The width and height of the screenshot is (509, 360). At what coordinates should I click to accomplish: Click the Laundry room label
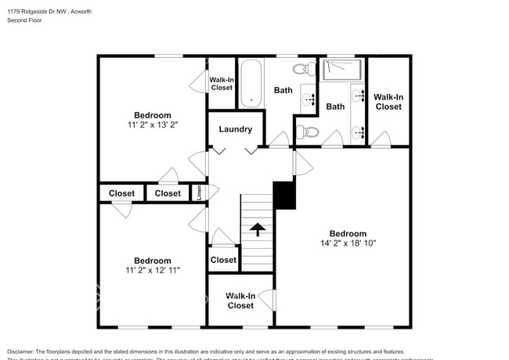(235, 129)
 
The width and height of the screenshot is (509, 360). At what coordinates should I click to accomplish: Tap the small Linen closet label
(200, 191)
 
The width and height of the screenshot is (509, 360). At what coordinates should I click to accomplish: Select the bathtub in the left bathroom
(250, 84)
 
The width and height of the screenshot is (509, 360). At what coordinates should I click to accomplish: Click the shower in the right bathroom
(345, 69)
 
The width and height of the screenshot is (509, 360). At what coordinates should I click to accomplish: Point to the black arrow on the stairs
(257, 230)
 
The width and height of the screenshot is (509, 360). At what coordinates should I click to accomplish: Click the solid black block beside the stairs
(284, 195)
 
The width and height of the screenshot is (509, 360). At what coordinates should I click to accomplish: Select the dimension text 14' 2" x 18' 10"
(348, 243)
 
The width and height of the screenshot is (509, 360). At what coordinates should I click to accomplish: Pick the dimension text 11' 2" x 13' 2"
(152, 124)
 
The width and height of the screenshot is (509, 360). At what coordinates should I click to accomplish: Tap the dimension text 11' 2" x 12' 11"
(152, 270)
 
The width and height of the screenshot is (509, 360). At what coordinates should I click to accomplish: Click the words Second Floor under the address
(26, 20)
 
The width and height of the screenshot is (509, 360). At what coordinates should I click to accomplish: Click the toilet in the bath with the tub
(309, 68)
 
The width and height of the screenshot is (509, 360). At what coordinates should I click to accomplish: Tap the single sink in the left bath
(308, 99)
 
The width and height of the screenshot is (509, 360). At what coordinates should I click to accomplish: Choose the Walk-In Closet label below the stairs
(240, 301)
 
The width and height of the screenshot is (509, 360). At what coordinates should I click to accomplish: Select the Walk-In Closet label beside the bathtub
(222, 83)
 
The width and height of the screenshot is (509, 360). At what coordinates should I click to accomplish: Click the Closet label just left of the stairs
(223, 260)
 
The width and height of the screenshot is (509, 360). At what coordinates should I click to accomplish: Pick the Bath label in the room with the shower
(335, 106)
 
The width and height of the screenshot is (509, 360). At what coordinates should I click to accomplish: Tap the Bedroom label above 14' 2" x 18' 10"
(348, 233)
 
